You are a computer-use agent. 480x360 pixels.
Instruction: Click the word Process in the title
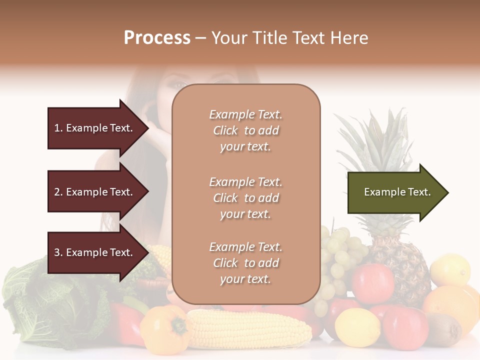(157, 38)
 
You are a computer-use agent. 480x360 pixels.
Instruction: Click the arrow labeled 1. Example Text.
(95, 128)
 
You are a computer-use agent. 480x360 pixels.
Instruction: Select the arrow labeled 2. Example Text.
(95, 192)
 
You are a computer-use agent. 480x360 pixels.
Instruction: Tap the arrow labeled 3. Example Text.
(95, 252)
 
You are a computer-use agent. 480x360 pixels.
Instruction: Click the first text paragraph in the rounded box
(245, 130)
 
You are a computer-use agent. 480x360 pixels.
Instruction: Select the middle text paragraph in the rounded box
(245, 198)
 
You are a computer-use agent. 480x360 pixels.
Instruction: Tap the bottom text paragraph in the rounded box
(245, 263)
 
